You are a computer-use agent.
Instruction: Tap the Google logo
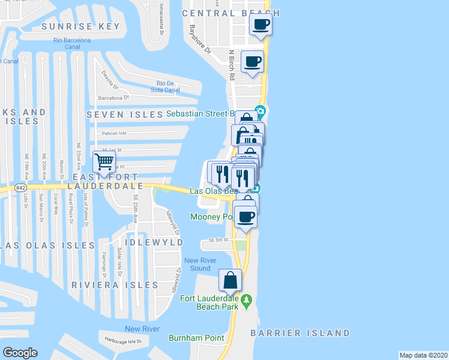tap(20, 353)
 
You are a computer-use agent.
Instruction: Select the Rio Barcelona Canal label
tap(71, 43)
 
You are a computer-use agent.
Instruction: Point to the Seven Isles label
tap(125, 114)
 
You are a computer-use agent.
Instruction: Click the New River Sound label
tap(197, 264)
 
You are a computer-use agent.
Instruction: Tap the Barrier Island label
tap(309, 333)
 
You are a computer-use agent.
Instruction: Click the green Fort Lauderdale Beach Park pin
tap(246, 299)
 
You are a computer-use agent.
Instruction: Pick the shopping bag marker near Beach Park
tap(230, 280)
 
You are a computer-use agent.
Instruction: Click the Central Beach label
tap(231, 13)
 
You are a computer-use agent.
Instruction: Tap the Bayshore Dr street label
tap(200, 38)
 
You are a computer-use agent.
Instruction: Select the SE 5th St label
tap(220, 239)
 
